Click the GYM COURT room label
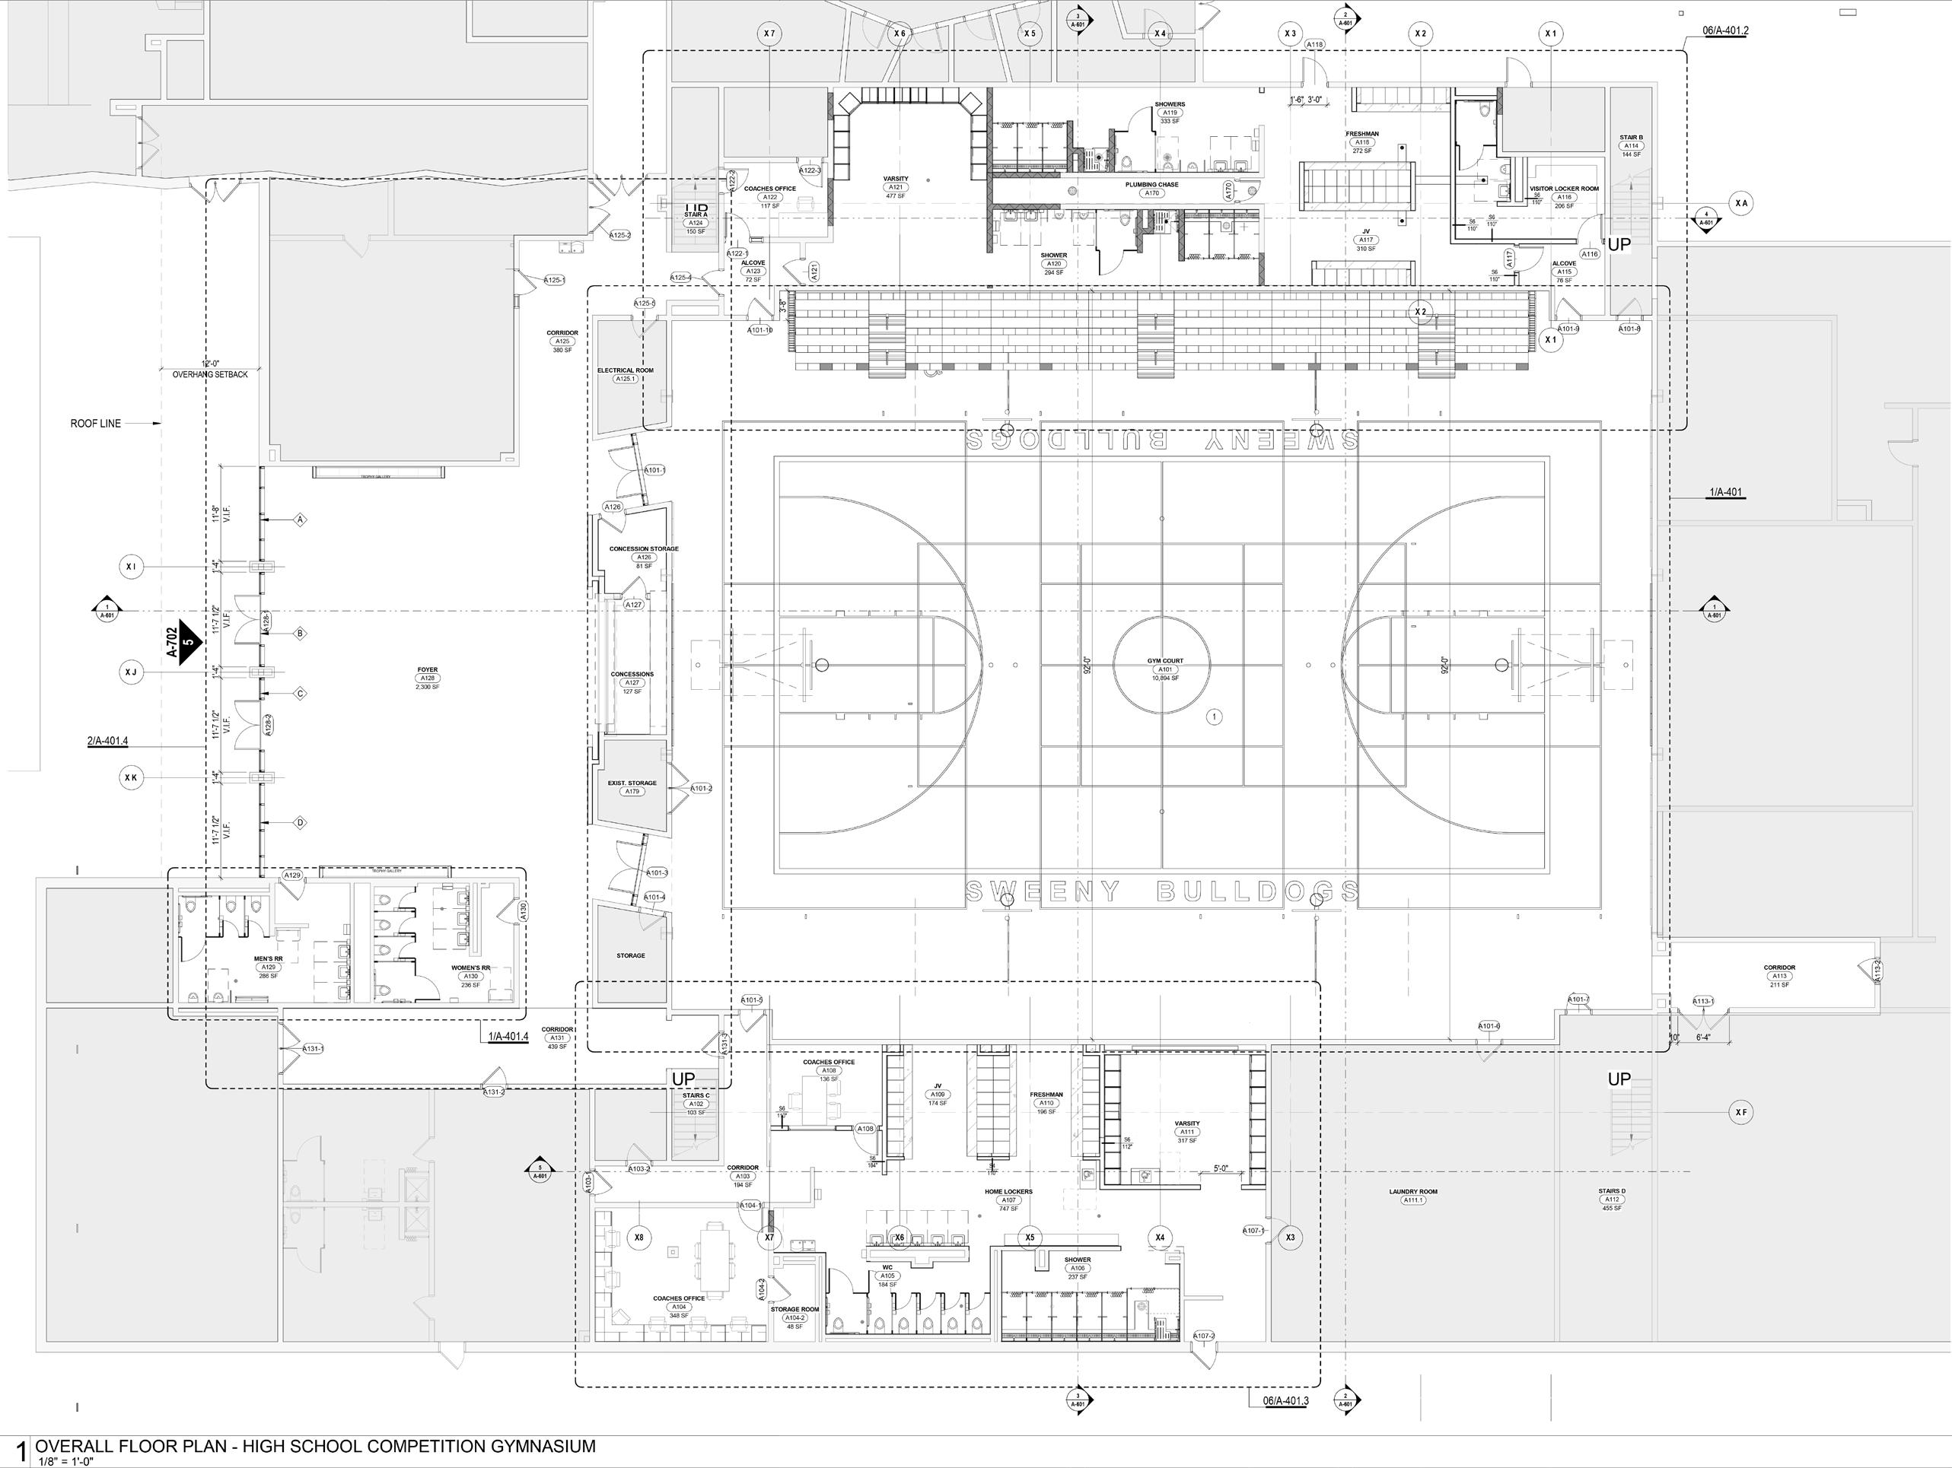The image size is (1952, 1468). [x=1165, y=661]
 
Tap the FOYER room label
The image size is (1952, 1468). [x=427, y=670]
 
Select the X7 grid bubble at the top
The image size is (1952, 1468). [x=769, y=33]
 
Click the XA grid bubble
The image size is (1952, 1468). [x=1740, y=204]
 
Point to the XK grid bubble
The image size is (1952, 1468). [x=131, y=778]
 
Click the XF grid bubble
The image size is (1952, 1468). [x=1740, y=1114]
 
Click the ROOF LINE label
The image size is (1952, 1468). [x=95, y=424]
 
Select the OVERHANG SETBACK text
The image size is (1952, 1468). [x=210, y=374]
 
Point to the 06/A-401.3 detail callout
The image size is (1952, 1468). [x=1285, y=1401]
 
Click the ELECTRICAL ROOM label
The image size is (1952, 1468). [x=625, y=370]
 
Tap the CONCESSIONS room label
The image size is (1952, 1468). [x=632, y=675]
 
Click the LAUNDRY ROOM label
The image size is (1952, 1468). [x=1412, y=1192]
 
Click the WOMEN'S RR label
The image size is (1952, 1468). [x=470, y=968]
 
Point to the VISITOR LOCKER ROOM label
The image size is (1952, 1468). [x=1564, y=189]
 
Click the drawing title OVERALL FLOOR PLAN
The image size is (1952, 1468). [x=315, y=1446]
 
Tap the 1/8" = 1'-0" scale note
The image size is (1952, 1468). [x=65, y=1461]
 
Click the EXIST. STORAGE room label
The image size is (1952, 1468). [x=632, y=783]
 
